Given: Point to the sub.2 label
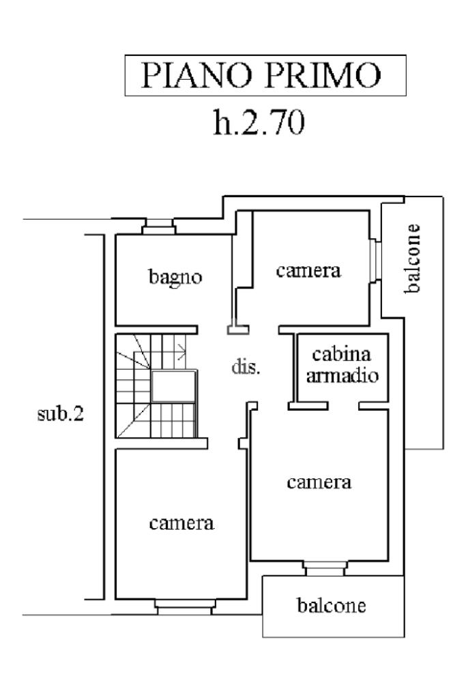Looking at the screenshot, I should [61, 414].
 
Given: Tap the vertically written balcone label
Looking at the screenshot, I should [411, 258].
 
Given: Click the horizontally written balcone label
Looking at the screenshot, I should [331, 605].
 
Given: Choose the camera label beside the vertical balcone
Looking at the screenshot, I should [308, 271].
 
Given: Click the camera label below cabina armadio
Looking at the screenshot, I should [319, 483].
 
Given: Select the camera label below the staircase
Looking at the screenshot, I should [182, 523].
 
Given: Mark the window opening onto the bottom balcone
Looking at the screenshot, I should [325, 568].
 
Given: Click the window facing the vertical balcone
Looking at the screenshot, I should [375, 260].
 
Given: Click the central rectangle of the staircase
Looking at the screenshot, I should [173, 387].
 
